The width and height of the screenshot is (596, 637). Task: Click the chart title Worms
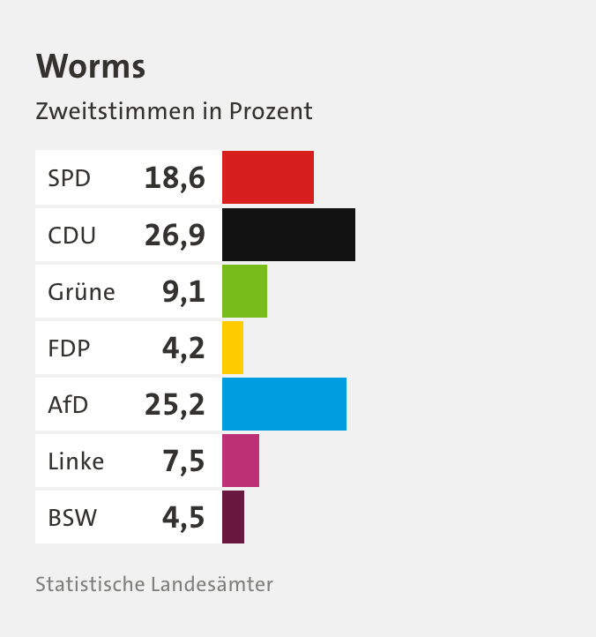(x=90, y=67)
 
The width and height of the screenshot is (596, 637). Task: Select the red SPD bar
(x=267, y=177)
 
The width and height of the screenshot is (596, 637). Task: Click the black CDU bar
(x=288, y=235)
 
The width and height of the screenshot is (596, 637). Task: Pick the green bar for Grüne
(x=244, y=291)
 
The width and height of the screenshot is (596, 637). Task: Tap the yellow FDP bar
(x=233, y=348)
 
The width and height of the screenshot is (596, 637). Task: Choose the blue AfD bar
(x=284, y=404)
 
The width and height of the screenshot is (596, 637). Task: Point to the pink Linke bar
(x=241, y=461)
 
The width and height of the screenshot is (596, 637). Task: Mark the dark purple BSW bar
(x=233, y=517)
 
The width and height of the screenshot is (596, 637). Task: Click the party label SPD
(x=69, y=179)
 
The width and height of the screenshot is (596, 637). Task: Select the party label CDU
(x=71, y=236)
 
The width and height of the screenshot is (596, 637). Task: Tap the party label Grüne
(x=81, y=292)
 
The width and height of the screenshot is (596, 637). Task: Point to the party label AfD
(x=68, y=405)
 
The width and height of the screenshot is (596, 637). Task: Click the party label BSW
(x=71, y=518)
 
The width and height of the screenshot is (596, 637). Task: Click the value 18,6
(x=175, y=179)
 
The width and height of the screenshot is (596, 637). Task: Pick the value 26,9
(x=175, y=236)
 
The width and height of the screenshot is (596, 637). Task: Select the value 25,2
(x=175, y=405)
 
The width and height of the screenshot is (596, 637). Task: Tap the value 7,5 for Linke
(x=183, y=461)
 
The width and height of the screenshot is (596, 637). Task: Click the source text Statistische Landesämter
(x=154, y=584)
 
